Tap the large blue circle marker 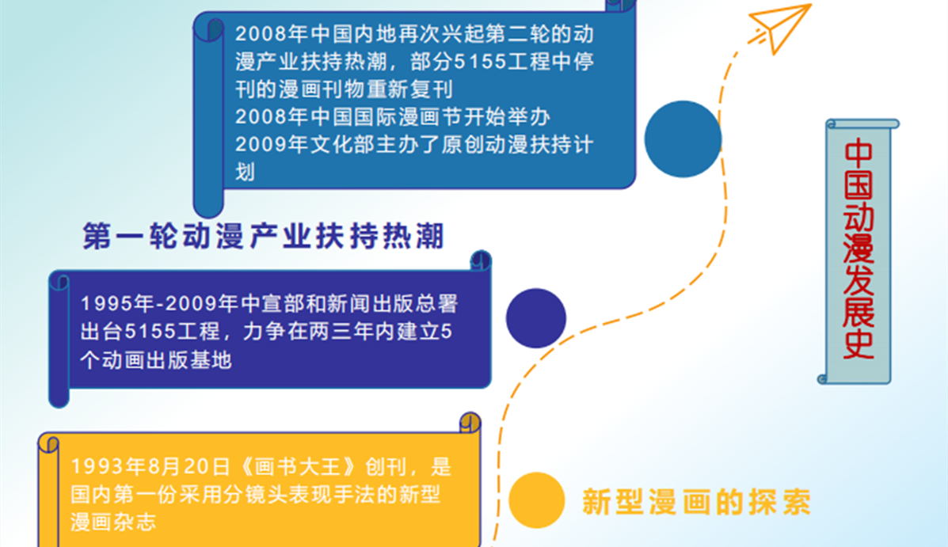click(x=683, y=139)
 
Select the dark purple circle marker click(x=535, y=318)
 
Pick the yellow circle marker click(x=536, y=500)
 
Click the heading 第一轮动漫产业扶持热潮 click(x=264, y=236)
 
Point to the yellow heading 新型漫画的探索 click(x=696, y=502)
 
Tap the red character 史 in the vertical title click(x=859, y=344)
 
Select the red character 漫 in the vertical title click(x=859, y=249)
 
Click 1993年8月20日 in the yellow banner click(x=150, y=466)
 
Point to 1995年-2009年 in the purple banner click(x=160, y=303)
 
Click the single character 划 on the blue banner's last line click(x=245, y=172)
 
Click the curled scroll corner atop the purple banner click(x=480, y=260)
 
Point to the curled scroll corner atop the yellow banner click(x=470, y=423)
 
